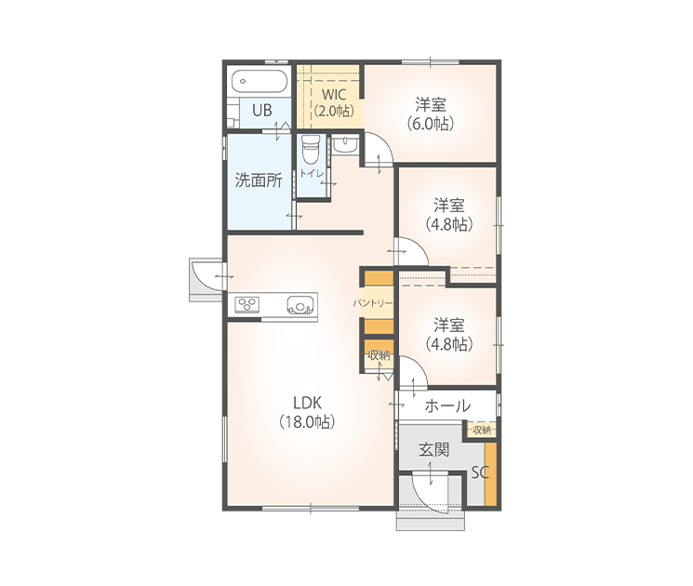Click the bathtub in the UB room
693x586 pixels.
click(260, 82)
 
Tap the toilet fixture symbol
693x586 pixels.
click(311, 150)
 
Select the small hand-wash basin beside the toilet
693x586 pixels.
click(344, 145)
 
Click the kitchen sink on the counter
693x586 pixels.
click(300, 304)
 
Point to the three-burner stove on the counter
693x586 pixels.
click(247, 305)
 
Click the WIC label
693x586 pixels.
click(334, 95)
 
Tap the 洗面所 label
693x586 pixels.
click(258, 180)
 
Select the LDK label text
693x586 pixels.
click(307, 403)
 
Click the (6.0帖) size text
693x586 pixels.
click(430, 124)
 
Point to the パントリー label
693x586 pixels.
click(373, 303)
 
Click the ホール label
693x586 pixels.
click(447, 406)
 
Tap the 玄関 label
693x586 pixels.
click(434, 450)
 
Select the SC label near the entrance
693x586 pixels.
click(480, 473)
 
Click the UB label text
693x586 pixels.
click(262, 110)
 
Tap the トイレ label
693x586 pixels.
click(312, 173)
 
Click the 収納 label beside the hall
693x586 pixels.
click(482, 430)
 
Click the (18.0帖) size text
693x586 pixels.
click(307, 422)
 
